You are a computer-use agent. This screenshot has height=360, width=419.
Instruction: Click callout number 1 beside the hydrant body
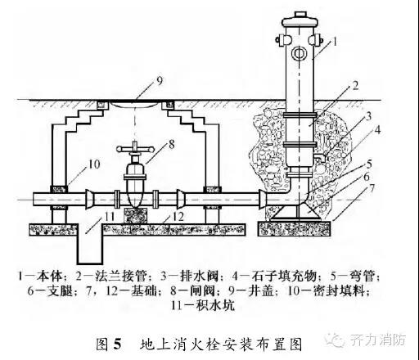[335, 42]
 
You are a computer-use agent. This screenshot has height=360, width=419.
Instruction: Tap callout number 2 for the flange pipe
[355, 86]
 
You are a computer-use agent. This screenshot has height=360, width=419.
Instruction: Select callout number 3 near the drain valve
[368, 116]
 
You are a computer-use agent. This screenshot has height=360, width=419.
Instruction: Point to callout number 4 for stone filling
[377, 130]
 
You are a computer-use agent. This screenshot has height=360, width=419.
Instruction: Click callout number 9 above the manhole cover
[159, 80]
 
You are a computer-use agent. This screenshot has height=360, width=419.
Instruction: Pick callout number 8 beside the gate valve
[172, 144]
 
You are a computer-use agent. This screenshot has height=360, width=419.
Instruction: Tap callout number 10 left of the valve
[94, 164]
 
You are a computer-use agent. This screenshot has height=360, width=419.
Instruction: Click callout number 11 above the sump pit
[109, 217]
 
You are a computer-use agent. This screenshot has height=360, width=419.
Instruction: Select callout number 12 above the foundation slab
[178, 217]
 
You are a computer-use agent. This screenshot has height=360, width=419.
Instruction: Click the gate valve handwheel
[135, 149]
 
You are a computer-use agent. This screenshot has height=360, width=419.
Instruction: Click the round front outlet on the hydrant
[300, 53]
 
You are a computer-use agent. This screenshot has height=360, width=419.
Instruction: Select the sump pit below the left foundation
[90, 244]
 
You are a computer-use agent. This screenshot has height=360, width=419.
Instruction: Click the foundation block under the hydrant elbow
[295, 228]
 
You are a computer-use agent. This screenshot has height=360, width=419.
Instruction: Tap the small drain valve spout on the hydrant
[318, 158]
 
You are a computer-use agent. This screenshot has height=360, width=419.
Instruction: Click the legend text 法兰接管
[121, 276]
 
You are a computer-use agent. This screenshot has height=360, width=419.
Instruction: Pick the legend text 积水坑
[215, 305]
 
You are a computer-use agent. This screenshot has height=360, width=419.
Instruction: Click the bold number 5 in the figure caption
[117, 344]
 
